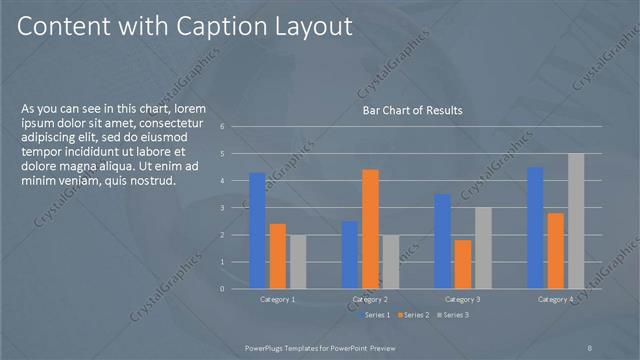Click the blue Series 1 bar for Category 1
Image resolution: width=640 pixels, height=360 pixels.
pyautogui.click(x=257, y=231)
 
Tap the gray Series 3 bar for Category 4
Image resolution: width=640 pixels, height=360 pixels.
pyautogui.click(x=575, y=221)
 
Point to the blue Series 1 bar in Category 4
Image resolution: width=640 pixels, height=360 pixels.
pyautogui.click(x=535, y=228)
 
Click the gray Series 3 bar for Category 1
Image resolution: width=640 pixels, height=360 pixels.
pyautogui.click(x=298, y=262)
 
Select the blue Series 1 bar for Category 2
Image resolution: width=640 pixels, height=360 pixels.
pyautogui.click(x=349, y=255)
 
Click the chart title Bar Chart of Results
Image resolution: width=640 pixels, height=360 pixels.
pyautogui.click(x=412, y=110)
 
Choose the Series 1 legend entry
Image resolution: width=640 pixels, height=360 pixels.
pyautogui.click(x=375, y=315)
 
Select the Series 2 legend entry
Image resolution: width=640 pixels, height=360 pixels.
pyautogui.click(x=412, y=315)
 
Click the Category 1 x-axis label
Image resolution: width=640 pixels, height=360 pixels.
pyautogui.click(x=278, y=299)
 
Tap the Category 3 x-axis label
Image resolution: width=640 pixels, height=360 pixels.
pyautogui.click(x=463, y=299)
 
